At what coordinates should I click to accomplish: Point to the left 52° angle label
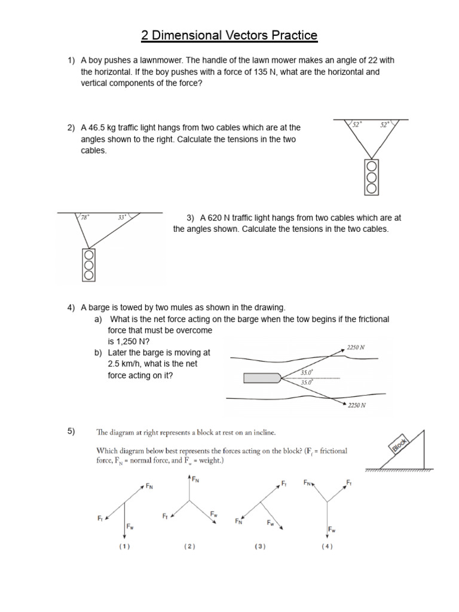(357, 125)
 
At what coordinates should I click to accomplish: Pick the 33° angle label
(123, 218)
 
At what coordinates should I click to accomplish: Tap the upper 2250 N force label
(356, 346)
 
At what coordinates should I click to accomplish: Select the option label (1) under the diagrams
(124, 546)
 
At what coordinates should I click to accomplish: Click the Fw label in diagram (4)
(332, 530)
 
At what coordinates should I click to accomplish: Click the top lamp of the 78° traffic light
(89, 256)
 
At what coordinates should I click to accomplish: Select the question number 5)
(71, 432)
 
